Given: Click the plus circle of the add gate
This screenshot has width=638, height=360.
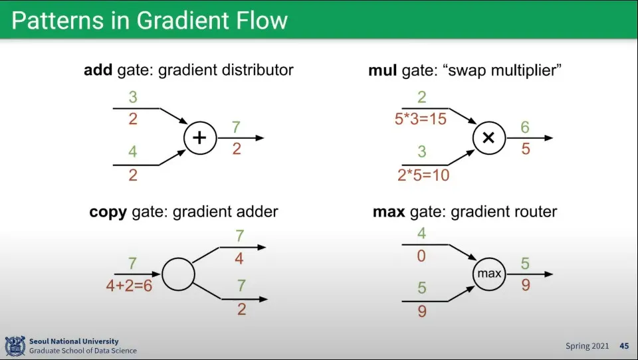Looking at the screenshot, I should [200, 138].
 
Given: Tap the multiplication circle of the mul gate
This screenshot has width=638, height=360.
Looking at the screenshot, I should [488, 138].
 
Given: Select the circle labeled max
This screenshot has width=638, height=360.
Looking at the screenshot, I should [489, 274].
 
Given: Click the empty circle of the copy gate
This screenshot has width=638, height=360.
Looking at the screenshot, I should [178, 274].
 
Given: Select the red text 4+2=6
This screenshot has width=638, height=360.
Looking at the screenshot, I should [129, 286].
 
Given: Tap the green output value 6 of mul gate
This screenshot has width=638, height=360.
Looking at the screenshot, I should [525, 127].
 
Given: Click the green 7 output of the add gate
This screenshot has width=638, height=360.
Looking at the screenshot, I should [237, 127].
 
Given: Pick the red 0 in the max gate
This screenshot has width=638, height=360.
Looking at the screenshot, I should [421, 256].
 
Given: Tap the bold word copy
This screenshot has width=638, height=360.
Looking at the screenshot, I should [108, 213].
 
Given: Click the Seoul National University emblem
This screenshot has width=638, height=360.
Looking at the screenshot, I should [15, 346].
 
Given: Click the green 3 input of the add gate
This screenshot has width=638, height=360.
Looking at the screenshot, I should [133, 98].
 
